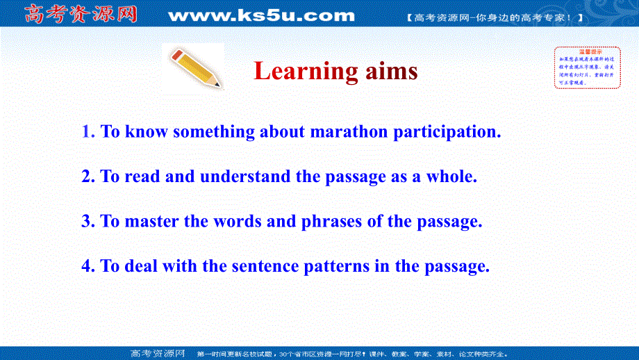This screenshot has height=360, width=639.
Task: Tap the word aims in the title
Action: tap(391, 71)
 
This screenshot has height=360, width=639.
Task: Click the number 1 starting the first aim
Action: tap(88, 131)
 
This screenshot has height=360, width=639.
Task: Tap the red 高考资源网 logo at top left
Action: tap(81, 14)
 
